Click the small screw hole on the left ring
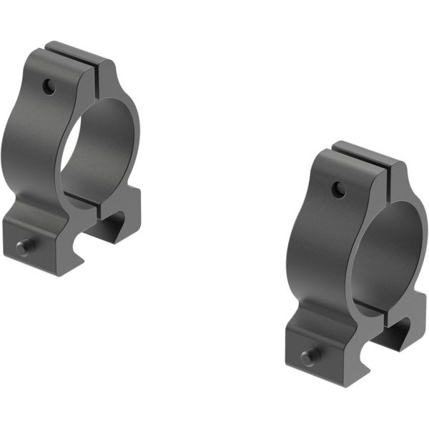[48, 87]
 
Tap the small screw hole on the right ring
[338, 189]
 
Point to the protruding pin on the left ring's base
[24, 247]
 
